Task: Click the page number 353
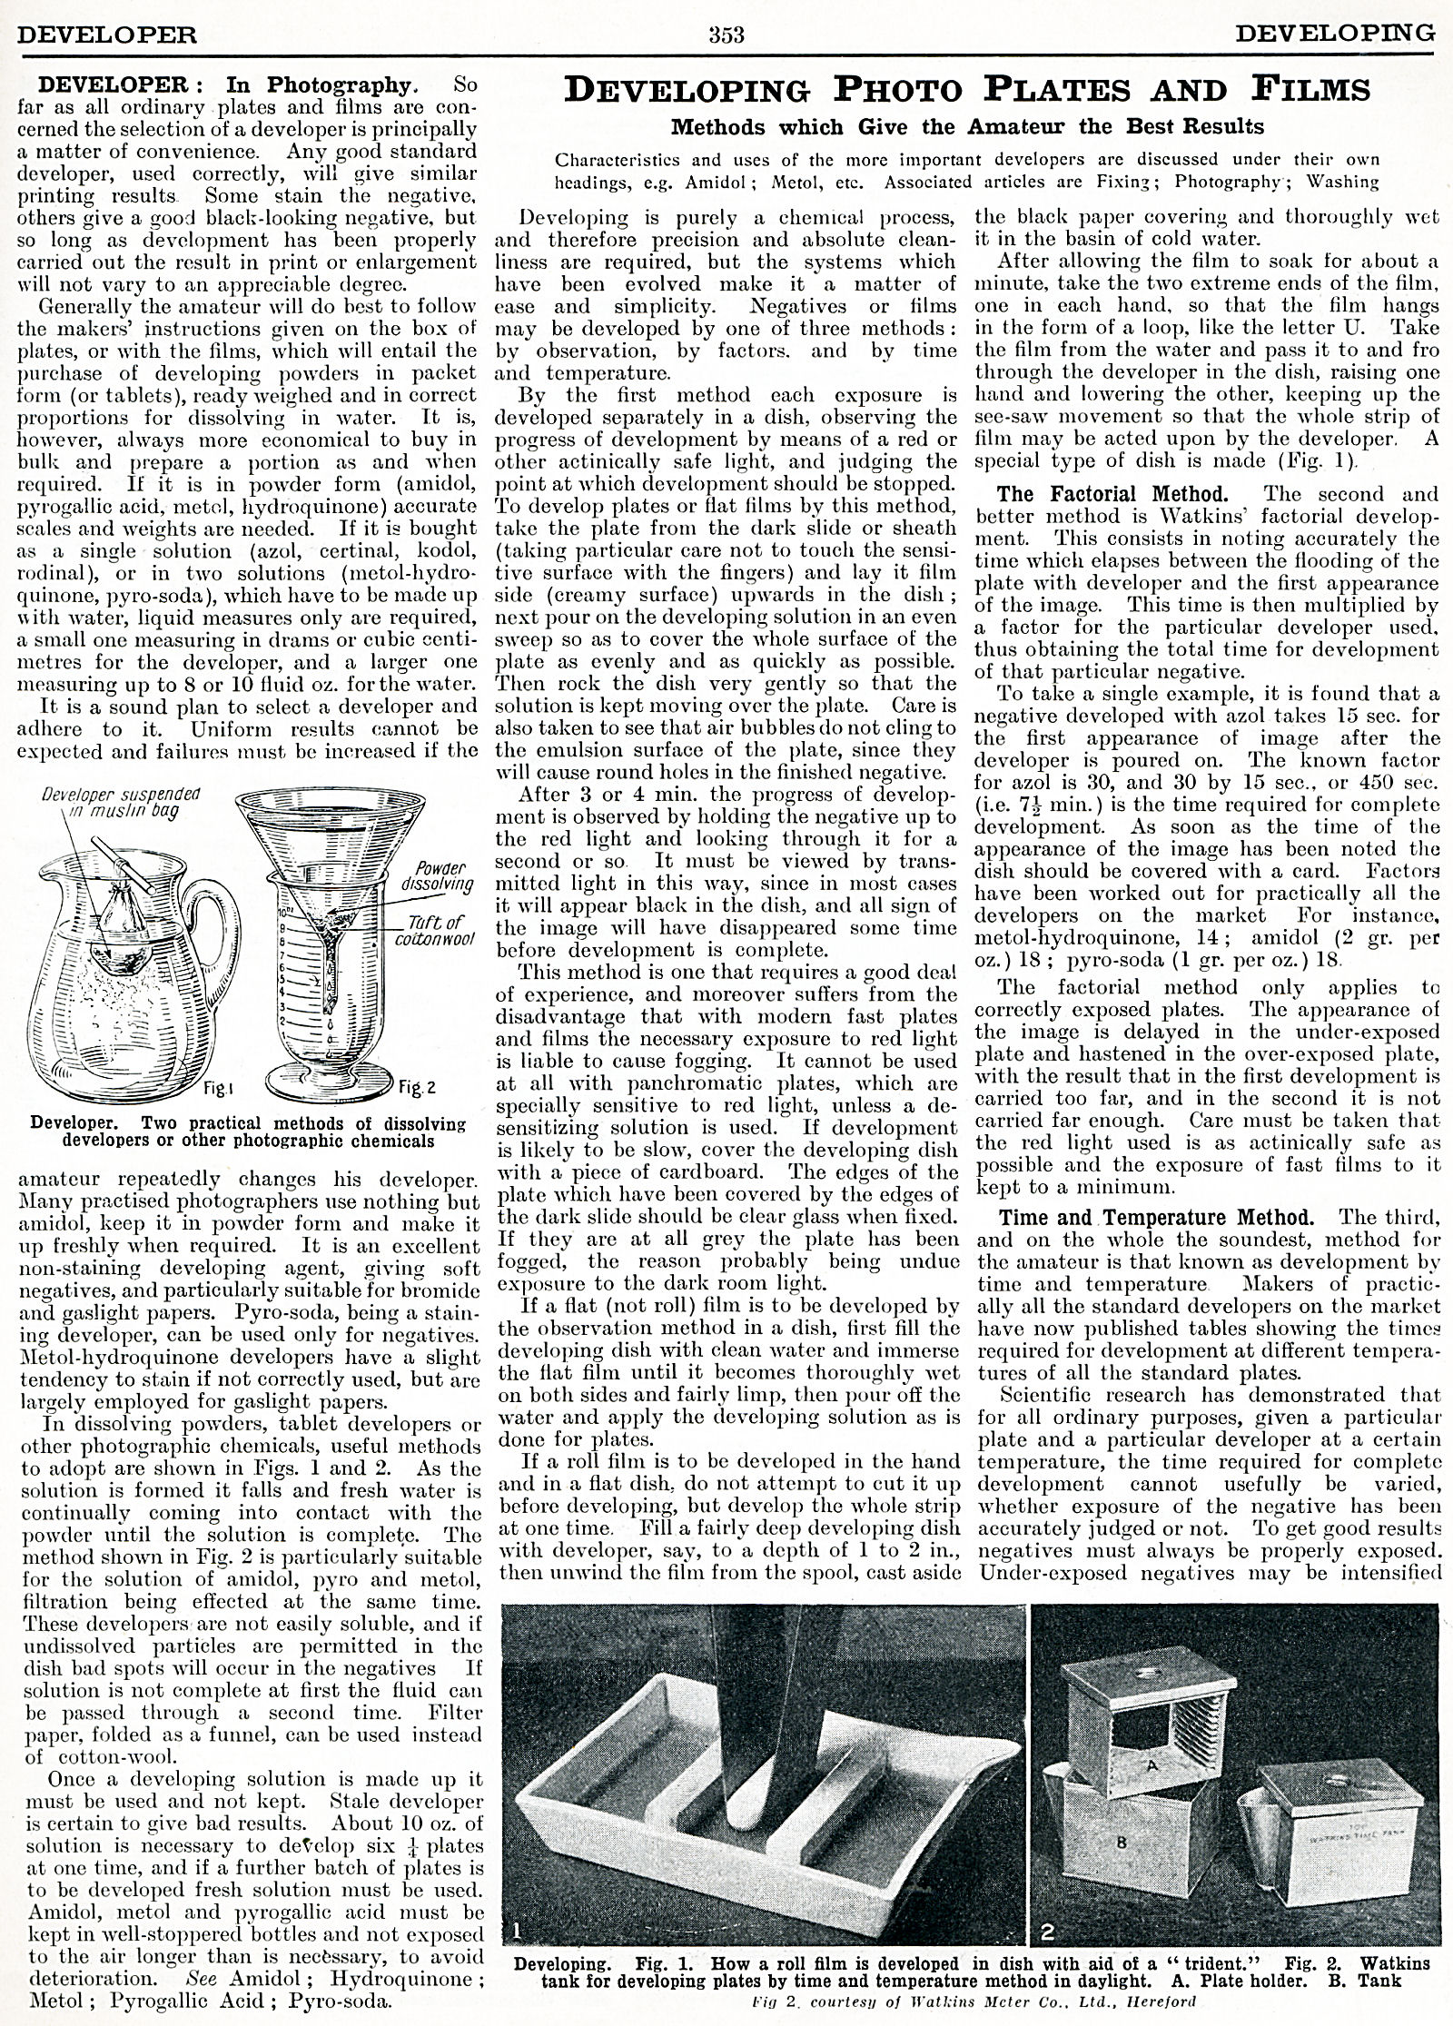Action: [726, 35]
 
